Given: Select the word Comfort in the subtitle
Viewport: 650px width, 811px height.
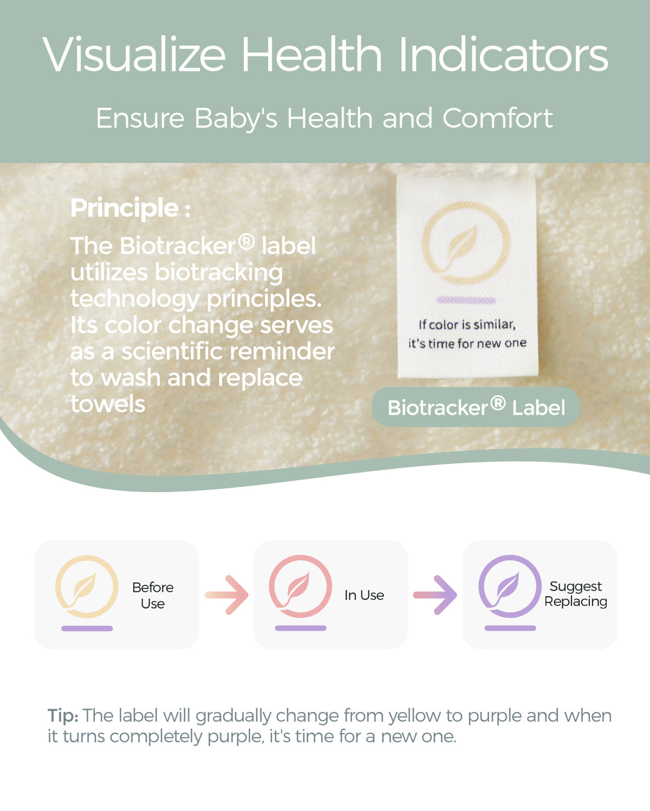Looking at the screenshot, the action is (497, 118).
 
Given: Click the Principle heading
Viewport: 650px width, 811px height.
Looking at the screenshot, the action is (130, 208).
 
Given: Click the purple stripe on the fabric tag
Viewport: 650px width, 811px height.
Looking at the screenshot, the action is (466, 300).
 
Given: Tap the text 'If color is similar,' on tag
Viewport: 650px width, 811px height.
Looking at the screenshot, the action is (467, 324).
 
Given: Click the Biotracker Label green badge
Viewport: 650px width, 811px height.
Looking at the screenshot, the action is (476, 407).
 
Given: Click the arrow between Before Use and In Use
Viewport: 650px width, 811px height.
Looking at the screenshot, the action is (226, 595).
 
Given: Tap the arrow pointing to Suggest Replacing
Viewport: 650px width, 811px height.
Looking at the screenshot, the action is (435, 595).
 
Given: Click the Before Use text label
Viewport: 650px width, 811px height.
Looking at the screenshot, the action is (153, 596).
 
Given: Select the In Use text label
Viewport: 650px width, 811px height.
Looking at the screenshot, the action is (364, 595).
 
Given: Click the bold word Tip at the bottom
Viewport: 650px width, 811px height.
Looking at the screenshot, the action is (63, 716).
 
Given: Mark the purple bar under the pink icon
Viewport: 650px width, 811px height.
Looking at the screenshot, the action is (301, 628).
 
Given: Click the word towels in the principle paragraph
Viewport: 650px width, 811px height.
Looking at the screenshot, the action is (108, 404).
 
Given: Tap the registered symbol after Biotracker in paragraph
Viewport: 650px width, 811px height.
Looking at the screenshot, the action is (246, 241).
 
